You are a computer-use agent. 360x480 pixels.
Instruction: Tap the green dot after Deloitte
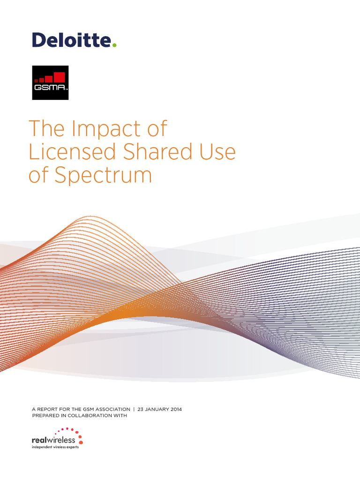tap(114, 45)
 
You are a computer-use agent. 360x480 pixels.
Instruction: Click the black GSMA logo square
tap(50, 83)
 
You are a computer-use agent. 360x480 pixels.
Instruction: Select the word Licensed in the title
tap(64, 152)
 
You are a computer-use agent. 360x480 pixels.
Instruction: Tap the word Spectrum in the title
tap(104, 176)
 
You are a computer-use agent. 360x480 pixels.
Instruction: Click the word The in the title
tap(46, 129)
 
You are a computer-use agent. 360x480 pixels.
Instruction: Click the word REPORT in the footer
tap(47, 409)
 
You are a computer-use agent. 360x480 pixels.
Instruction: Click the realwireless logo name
tap(53, 440)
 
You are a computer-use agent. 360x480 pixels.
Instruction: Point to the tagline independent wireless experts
tap(55, 447)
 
